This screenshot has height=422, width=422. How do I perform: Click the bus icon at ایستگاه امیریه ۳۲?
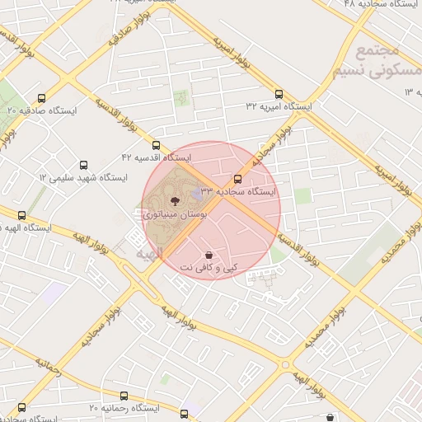279,95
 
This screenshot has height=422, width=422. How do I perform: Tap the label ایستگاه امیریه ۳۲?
279,107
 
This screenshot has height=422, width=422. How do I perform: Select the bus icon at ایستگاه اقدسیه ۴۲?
157,145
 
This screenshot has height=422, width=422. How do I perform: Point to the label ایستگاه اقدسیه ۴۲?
157,157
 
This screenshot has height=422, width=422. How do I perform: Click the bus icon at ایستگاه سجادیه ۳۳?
238,179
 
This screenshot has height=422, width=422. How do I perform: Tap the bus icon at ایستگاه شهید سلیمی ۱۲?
83,166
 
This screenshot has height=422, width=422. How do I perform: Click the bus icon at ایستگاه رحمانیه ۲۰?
184,414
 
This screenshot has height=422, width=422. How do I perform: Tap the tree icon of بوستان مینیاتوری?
175,200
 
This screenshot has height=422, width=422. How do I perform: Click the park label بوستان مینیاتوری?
175,213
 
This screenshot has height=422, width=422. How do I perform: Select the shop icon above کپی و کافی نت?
208,256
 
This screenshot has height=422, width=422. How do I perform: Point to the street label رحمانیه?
47,368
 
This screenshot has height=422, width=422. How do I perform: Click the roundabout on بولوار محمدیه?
286,363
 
